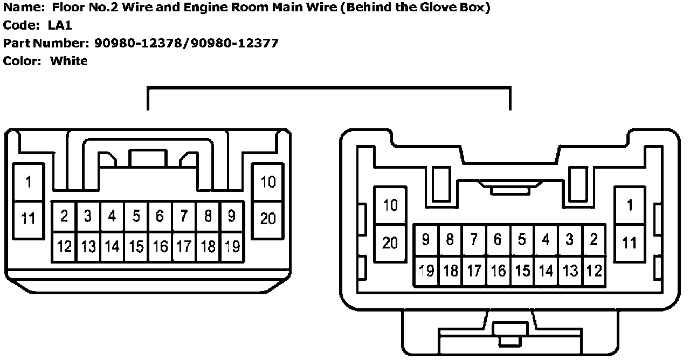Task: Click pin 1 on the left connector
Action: pos(27,182)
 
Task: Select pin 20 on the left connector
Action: pos(268,218)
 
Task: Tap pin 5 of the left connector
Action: pos(136,217)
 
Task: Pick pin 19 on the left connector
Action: pos(232,247)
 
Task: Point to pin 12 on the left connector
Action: pos(64,247)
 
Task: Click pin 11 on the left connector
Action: pos(27,218)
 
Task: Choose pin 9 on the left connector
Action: pos(232,217)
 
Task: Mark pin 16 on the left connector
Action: pos(160,247)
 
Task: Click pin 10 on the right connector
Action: pos(390,205)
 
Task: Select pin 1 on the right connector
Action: pos(629,205)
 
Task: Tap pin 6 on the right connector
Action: pos(498,239)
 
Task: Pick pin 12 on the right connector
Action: pos(594,270)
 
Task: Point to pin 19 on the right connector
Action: pos(426,270)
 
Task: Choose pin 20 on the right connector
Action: pos(390,243)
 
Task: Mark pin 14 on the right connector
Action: pos(546,270)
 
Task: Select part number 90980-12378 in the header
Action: pos(138,43)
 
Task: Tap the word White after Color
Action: pos(68,61)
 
